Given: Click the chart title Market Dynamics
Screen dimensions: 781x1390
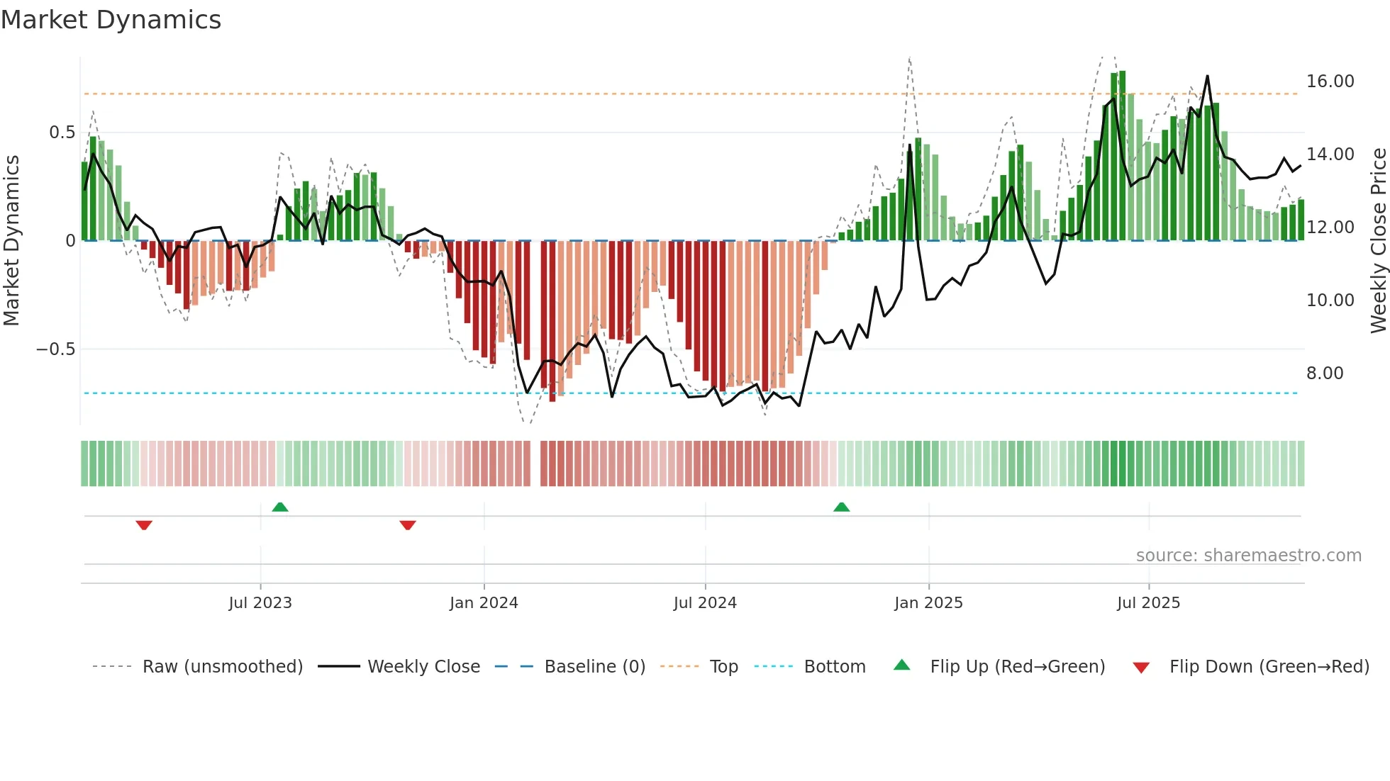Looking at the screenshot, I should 111,20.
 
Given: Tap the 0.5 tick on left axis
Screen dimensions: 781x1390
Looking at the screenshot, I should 62,133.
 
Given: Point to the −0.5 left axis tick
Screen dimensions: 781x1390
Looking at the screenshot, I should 55,349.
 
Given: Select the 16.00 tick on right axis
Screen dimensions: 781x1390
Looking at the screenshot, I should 1330,82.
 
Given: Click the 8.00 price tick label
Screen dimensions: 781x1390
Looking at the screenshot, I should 1324,373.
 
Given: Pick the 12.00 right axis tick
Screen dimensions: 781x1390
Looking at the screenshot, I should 1330,227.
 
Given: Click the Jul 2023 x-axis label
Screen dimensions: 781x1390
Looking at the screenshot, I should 260,603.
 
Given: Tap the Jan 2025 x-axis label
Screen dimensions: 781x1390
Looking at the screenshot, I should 928,603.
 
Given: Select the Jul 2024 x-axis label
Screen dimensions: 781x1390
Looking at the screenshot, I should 705,603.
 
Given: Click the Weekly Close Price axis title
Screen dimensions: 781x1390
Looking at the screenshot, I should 1378,241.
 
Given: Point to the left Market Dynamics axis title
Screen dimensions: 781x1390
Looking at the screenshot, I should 11,241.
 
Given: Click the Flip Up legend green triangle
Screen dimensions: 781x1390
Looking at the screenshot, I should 901,665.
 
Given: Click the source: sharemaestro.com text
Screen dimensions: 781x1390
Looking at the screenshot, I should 1248,556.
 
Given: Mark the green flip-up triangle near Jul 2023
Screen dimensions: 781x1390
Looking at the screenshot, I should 280,507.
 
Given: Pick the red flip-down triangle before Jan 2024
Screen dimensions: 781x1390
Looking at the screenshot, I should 408,525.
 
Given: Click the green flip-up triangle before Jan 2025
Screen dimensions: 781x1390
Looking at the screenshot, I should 841,507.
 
